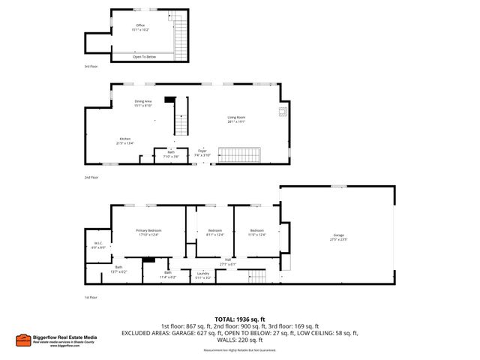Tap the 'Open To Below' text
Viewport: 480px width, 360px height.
point(144,57)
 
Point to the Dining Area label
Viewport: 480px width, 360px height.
point(143,103)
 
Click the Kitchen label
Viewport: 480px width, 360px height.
point(125,139)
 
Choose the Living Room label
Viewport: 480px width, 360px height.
point(236,118)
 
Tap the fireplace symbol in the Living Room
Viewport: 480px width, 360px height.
point(283,112)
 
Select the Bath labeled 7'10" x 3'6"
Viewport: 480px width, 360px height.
point(170,154)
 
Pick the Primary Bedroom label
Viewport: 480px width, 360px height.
point(148,232)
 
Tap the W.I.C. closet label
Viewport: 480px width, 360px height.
point(97,244)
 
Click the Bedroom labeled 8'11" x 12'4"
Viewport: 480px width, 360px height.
point(214,232)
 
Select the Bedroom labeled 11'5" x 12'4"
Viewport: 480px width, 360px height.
point(256,232)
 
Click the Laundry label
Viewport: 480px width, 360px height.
point(203,275)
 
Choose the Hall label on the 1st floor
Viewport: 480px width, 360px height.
point(227,262)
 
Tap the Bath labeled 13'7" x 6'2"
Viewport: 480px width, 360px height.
point(118,268)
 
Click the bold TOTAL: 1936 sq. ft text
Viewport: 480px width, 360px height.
point(239,319)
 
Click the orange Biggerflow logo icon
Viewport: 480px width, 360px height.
point(23,339)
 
